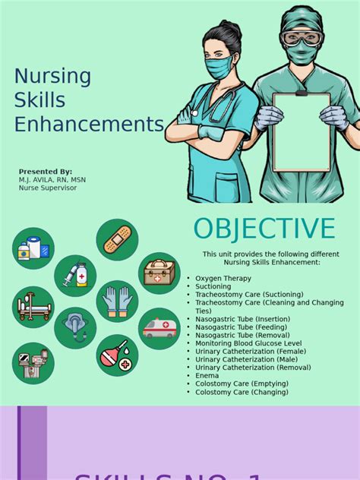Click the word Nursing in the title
click(x=53, y=77)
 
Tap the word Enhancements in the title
click(x=89, y=124)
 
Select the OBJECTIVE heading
click(x=264, y=229)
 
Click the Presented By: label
click(x=46, y=172)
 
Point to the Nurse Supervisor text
click(x=48, y=188)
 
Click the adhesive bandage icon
click(x=117, y=240)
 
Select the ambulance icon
click(x=159, y=328)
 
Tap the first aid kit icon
click(x=159, y=273)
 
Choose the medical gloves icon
click(x=117, y=301)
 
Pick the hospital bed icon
click(x=33, y=307)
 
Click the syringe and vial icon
click(x=75, y=275)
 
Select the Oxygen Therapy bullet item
click(x=223, y=279)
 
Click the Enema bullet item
click(x=207, y=375)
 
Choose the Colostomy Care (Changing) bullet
click(x=242, y=392)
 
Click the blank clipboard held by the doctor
click(x=302, y=131)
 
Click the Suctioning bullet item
click(x=213, y=286)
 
